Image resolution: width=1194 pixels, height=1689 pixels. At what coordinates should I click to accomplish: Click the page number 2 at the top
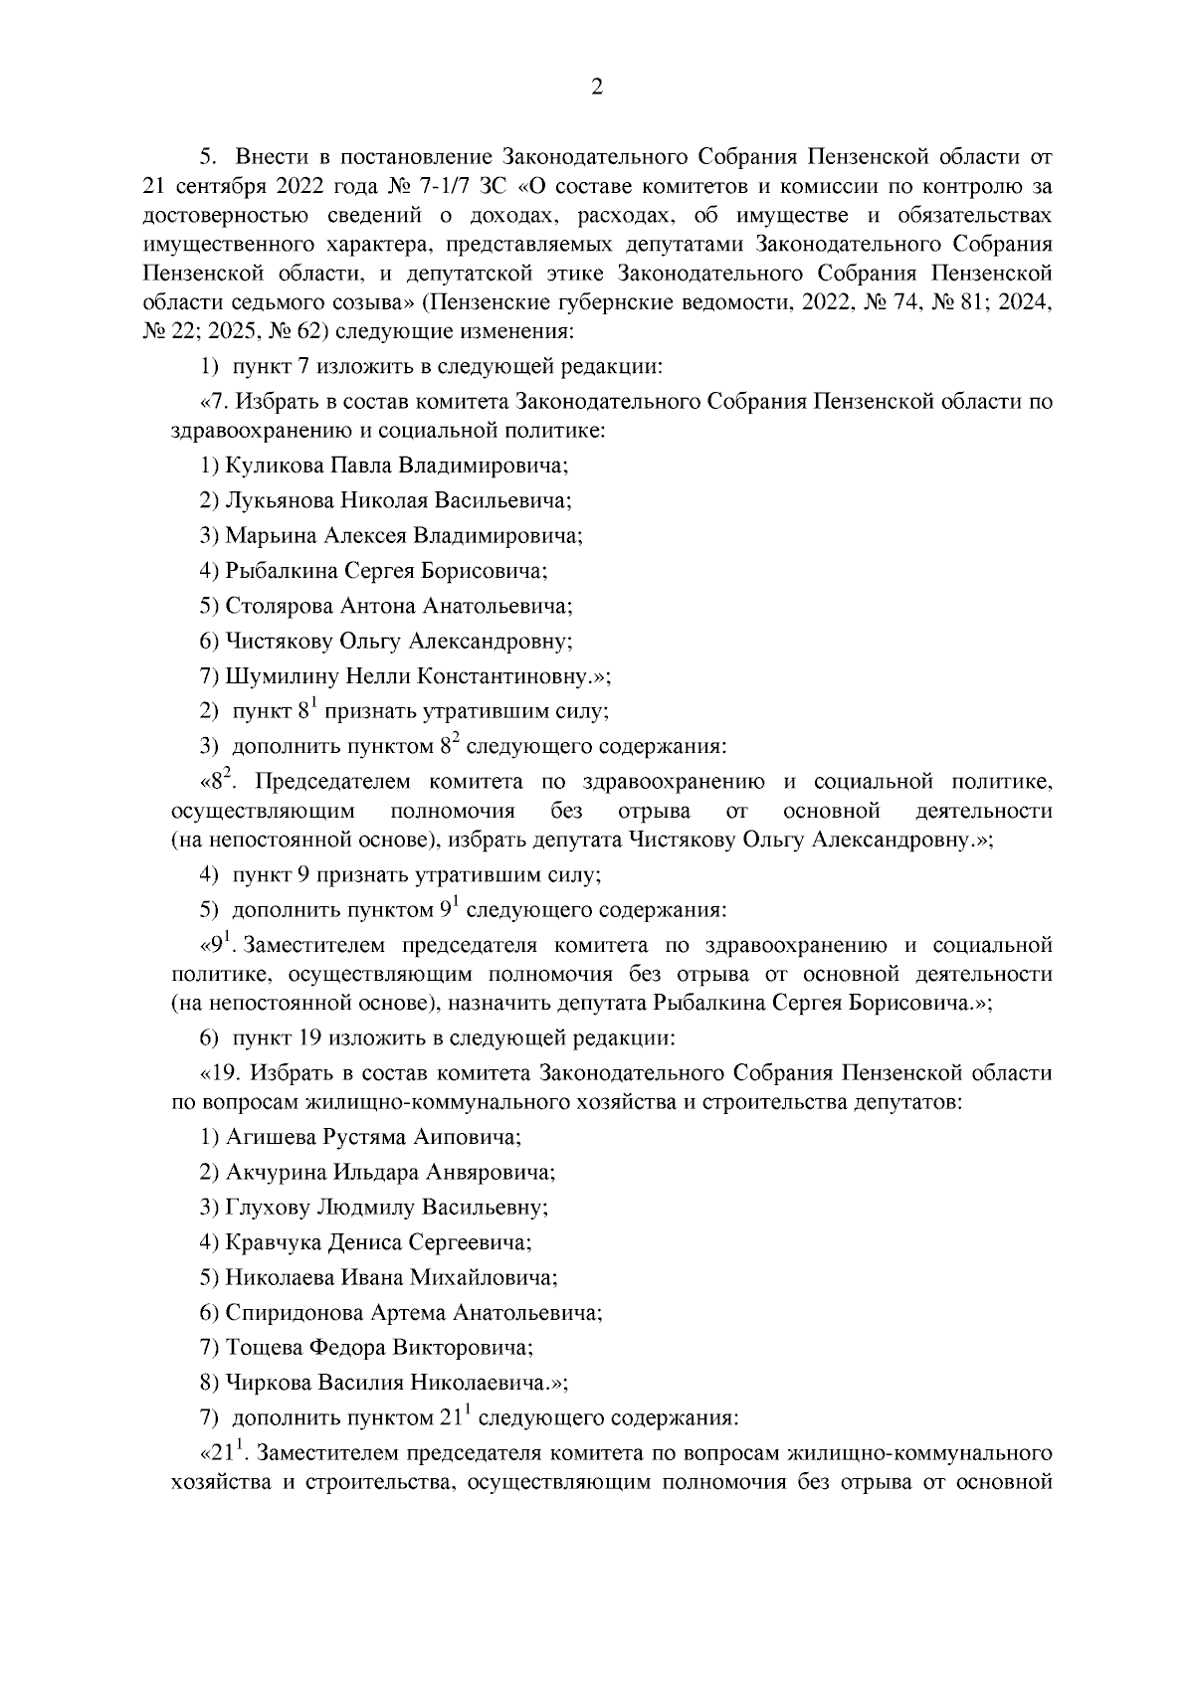(x=596, y=89)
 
